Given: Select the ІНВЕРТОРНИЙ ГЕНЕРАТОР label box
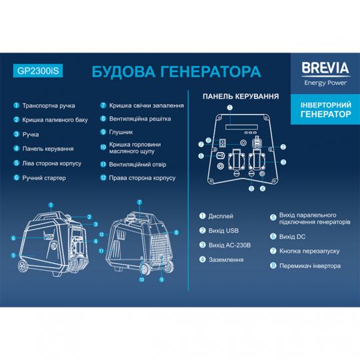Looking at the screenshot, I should pyautogui.click(x=321, y=110).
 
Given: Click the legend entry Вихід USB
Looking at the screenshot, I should pyautogui.click(x=223, y=231).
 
